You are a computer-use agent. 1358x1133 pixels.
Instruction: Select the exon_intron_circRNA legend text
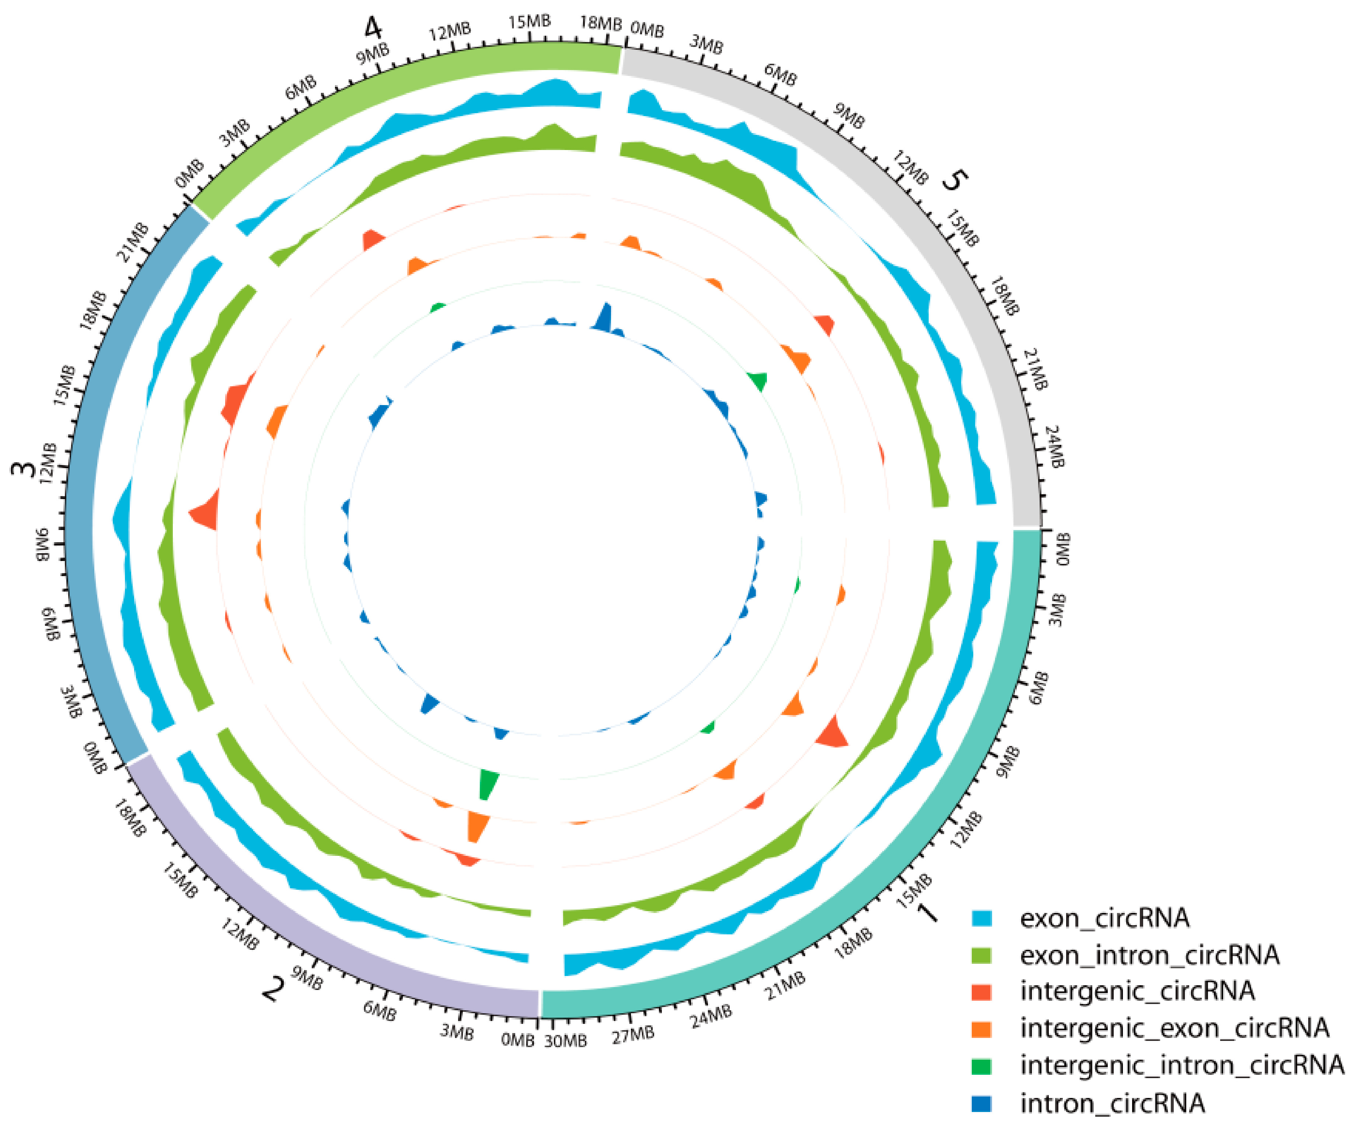1149,955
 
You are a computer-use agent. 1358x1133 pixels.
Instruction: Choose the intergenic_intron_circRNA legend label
1181,1065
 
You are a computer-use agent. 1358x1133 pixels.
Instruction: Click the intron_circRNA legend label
1112,1103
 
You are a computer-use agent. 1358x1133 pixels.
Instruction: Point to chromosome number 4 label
373,28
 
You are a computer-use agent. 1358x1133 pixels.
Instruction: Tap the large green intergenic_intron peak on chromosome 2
488,784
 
